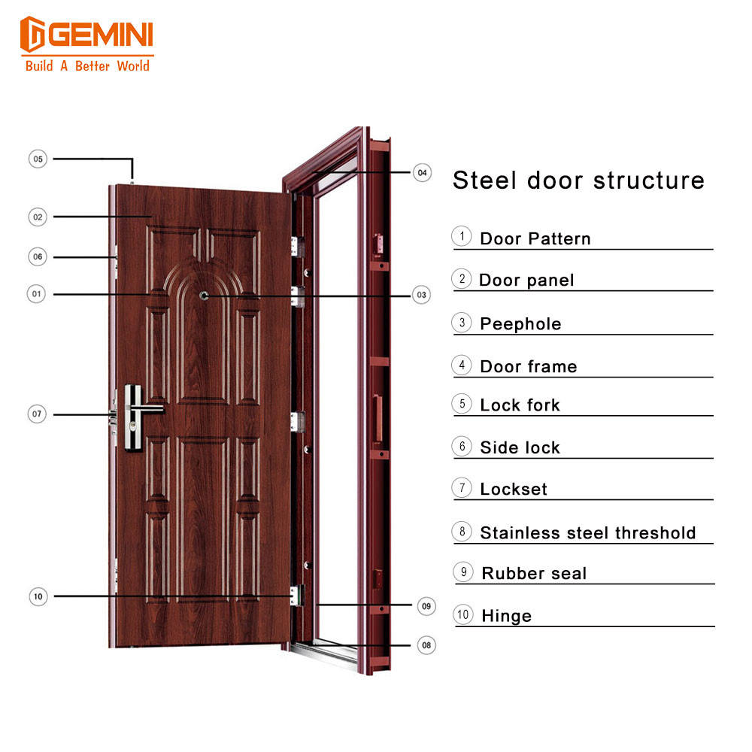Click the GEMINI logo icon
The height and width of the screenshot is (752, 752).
35,35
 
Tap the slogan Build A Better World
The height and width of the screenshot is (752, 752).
87,65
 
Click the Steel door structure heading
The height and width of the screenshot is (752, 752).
578,180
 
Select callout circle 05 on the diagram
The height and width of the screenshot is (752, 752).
38,159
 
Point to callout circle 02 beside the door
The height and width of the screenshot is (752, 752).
38,217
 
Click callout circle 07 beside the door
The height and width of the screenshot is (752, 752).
38,414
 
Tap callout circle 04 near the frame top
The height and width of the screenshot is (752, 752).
423,172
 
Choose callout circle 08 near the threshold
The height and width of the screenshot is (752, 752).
426,645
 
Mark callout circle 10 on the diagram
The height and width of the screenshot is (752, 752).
38,596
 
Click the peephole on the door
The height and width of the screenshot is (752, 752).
204,296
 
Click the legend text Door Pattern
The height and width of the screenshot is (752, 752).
535,239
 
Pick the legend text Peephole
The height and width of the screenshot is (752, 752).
520,324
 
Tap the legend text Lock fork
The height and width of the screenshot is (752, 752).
520,405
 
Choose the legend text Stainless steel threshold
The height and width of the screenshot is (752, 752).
588,533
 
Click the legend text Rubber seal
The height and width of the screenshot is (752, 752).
534,574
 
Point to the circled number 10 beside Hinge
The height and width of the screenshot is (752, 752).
463,614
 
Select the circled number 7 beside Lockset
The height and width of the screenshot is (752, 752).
462,487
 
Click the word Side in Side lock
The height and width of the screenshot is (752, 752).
497,447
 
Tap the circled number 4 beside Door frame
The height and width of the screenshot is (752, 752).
462,365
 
